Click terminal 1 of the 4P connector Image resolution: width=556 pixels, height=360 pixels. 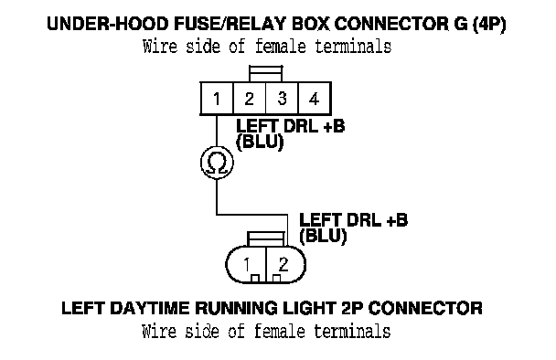click(x=217, y=98)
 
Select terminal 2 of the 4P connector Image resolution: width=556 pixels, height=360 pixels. click(x=250, y=98)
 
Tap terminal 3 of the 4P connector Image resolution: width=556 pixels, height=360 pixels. click(x=282, y=98)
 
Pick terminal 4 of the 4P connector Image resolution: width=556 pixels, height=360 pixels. click(x=315, y=98)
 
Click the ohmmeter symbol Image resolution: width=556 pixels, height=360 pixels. click(x=217, y=163)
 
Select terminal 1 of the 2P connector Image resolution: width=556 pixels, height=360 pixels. click(x=246, y=264)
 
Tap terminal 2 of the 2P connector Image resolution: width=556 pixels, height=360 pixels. click(x=285, y=264)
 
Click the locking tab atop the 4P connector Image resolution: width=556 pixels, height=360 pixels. click(x=265, y=74)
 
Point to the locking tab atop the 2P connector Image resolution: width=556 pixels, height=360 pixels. click(x=266, y=239)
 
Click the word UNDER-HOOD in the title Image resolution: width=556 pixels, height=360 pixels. click(x=108, y=24)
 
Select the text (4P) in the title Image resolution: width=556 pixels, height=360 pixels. click(x=489, y=25)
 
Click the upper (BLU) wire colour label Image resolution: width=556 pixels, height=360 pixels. click(x=260, y=143)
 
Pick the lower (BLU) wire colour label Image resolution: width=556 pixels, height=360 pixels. click(x=323, y=236)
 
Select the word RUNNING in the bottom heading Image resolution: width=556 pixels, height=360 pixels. click(x=236, y=308)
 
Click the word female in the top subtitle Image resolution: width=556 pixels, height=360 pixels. click(x=280, y=47)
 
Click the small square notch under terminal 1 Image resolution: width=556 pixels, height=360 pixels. click(x=255, y=279)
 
